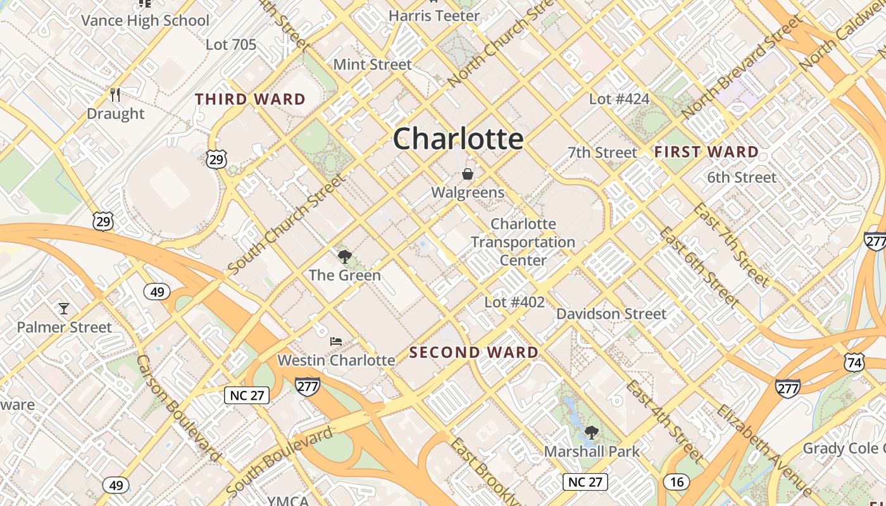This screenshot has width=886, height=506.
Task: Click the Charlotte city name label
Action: click(458, 139)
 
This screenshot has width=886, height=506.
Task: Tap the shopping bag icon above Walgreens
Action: click(468, 174)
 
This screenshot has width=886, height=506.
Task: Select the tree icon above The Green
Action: click(344, 257)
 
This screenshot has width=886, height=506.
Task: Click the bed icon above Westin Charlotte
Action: click(336, 342)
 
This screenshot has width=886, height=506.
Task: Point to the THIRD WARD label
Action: click(251, 99)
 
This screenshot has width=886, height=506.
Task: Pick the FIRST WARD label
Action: click(706, 152)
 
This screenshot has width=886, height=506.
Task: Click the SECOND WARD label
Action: click(474, 352)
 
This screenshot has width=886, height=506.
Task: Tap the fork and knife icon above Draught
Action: click(115, 95)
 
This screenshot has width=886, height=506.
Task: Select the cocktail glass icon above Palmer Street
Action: click(63, 309)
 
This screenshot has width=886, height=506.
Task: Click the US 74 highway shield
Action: click(854, 362)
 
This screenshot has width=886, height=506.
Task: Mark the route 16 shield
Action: click(677, 483)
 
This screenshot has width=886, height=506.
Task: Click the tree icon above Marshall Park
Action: click(592, 433)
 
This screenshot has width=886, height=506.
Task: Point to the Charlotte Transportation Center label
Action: click(523, 242)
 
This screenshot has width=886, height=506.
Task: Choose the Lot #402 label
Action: click(515, 302)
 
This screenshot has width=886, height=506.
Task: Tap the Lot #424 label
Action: click(619, 99)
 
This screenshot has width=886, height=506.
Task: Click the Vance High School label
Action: click(145, 20)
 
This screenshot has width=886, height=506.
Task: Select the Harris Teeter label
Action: click(434, 16)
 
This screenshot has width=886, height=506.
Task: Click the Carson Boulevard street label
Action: click(178, 408)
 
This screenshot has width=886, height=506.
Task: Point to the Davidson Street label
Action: click(611, 314)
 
